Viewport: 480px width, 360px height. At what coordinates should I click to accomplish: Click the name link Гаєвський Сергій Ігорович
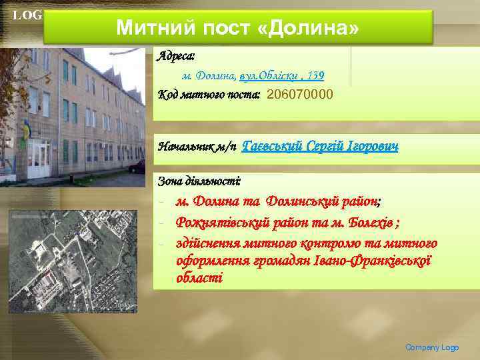pyautogui.click(x=320, y=146)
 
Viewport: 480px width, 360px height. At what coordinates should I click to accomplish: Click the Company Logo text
pyautogui.click(x=432, y=347)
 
